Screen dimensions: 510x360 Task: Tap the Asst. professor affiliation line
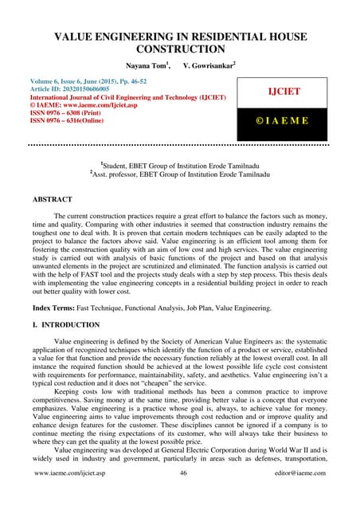pyautogui.click(x=179, y=171)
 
